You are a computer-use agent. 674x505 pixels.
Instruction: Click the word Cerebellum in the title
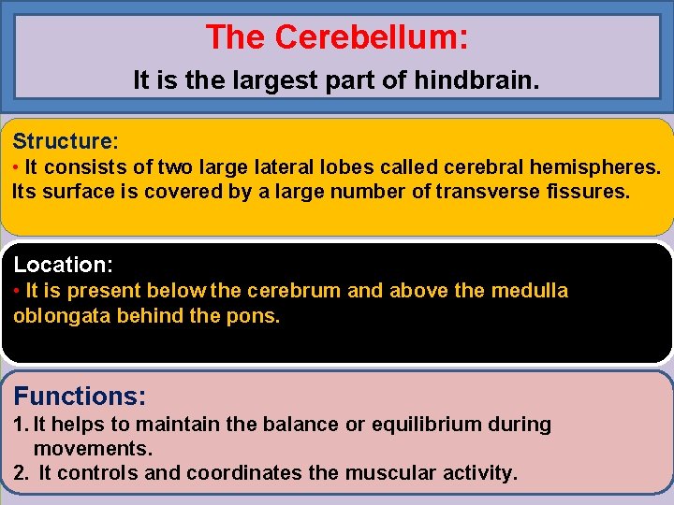tap(372, 37)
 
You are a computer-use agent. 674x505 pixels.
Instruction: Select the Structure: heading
tap(66, 142)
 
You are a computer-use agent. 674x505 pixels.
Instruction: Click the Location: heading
tap(63, 265)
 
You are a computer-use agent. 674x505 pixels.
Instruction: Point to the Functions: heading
tap(80, 396)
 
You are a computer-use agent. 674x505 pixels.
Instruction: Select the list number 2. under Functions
tap(21, 473)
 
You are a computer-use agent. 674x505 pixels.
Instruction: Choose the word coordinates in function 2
tap(244, 473)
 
